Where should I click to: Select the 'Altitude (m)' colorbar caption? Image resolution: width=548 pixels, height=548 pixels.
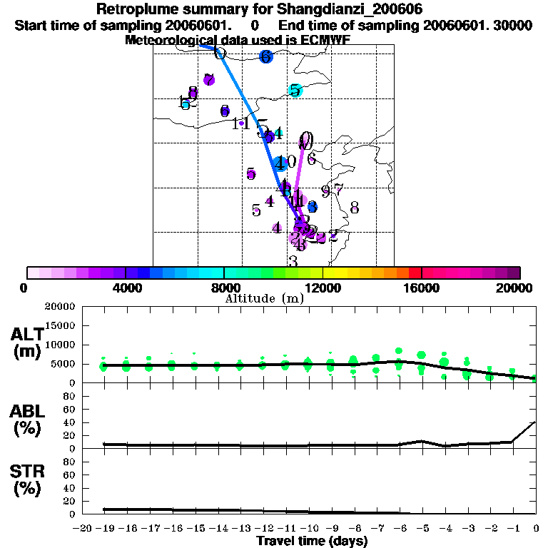pos(265,298)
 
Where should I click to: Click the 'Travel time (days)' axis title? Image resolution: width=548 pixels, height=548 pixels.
pos(312,541)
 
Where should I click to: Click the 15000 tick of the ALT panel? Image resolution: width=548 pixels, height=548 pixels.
pos(60,325)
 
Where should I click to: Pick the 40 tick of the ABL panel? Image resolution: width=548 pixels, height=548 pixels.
pos(70,422)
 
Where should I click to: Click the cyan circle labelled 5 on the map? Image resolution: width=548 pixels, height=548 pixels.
pos(295,90)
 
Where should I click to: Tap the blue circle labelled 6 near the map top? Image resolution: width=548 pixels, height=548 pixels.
pos(266,56)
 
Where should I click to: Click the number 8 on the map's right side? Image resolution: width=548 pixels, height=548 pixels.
pos(354,208)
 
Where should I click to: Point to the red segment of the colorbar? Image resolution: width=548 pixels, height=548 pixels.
pos(415,273)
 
